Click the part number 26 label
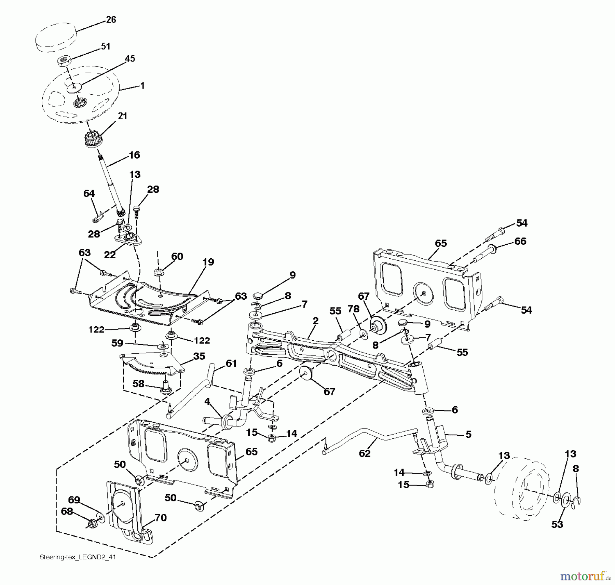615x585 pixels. (111, 20)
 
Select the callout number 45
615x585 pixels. (130, 59)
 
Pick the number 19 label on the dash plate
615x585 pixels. (208, 262)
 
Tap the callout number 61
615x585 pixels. (231, 363)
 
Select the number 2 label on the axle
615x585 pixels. (316, 321)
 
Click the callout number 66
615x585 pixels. (520, 241)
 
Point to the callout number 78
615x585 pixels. (354, 309)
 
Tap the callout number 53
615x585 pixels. (557, 524)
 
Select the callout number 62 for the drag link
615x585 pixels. (365, 453)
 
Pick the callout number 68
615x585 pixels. (67, 512)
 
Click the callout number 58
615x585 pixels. (138, 384)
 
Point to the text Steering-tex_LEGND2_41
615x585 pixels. (78, 557)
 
